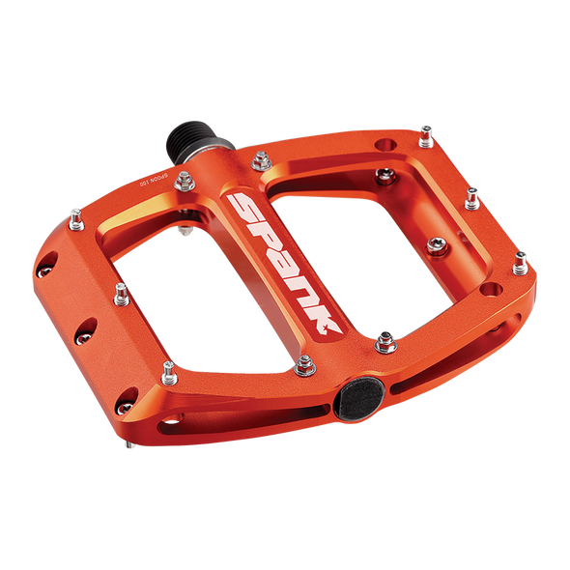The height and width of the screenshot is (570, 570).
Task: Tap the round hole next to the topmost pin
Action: pos(385,144)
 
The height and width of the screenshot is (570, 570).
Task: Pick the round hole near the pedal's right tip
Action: pos(495,290)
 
